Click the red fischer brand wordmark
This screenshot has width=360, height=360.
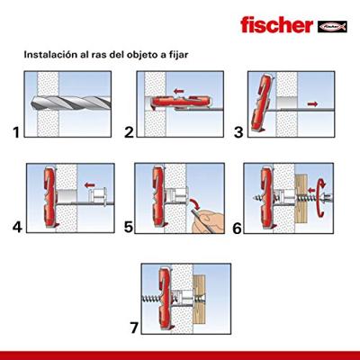pyautogui.click(x=276, y=25)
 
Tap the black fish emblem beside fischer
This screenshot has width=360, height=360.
pyautogui.click(x=332, y=27)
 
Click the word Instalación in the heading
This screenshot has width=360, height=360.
pyautogui.click(x=49, y=55)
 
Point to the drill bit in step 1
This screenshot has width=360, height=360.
pyautogui.click(x=71, y=103)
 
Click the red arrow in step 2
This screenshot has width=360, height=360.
pyautogui.click(x=179, y=91)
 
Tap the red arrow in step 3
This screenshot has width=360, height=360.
pyautogui.click(x=312, y=103)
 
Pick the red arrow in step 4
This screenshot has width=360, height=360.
pyautogui.click(x=90, y=185)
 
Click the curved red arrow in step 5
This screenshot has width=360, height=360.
pyautogui.click(x=196, y=203)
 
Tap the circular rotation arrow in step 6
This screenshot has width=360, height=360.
pyautogui.click(x=321, y=197)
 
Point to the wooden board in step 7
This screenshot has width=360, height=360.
pyautogui.click(x=199, y=299)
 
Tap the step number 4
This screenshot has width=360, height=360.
pyautogui.click(x=17, y=227)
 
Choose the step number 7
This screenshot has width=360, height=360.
pyautogui.click(x=134, y=328)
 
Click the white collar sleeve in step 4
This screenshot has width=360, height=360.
pyautogui.click(x=98, y=196)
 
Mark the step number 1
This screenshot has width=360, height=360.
pyautogui.click(x=16, y=132)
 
